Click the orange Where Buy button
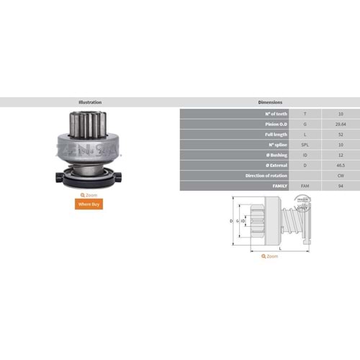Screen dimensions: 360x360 (x=89, y=204)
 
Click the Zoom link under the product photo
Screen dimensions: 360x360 (x=89, y=194)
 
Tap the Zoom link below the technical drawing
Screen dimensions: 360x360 (x=270, y=256)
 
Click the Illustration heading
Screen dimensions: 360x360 (x=89, y=102)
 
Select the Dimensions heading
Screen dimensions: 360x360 (x=269, y=102)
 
